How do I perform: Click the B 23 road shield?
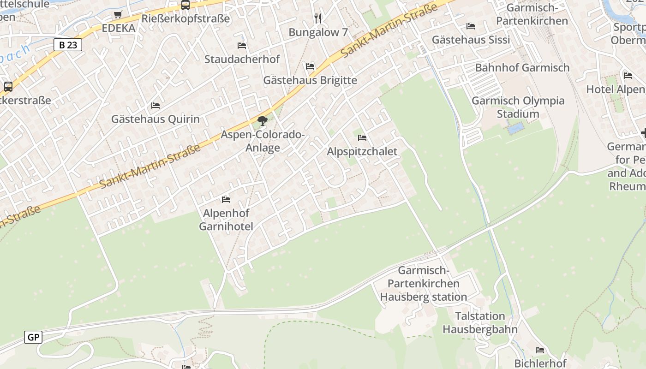68,45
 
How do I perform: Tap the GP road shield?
33,337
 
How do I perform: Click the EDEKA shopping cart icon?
118,15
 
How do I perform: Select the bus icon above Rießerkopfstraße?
185,5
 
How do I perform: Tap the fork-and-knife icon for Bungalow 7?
318,18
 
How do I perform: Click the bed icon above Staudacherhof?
242,46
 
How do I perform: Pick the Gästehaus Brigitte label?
310,80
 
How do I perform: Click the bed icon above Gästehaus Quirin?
156,106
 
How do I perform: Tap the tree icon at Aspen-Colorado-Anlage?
263,121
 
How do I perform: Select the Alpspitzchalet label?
362,151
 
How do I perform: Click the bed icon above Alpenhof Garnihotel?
226,199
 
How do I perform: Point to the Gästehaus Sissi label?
471,40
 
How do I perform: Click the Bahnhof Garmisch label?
522,68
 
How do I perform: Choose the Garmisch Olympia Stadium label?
518,107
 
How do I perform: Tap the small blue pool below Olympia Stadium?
515,128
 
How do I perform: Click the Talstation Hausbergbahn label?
480,322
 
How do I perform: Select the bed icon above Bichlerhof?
540,350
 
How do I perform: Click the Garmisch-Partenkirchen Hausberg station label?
424,284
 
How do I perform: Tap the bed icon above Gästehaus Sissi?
471,26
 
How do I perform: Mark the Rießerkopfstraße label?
185,19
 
